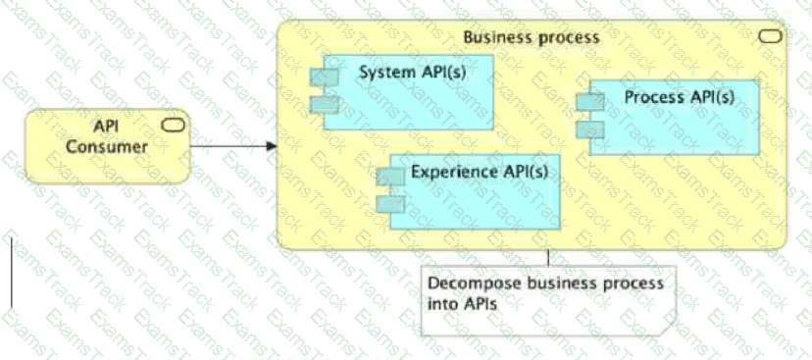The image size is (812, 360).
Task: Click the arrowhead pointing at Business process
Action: click(x=271, y=147)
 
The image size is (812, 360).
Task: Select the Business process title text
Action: click(x=531, y=37)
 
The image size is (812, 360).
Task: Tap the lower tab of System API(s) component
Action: click(x=324, y=103)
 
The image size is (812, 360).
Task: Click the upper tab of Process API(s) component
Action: click(x=589, y=101)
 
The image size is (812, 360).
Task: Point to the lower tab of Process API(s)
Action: click(x=589, y=128)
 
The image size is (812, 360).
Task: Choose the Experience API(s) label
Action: click(x=479, y=172)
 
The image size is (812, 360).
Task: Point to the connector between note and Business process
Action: click(x=547, y=257)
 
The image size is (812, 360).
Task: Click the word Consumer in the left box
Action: click(x=107, y=146)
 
